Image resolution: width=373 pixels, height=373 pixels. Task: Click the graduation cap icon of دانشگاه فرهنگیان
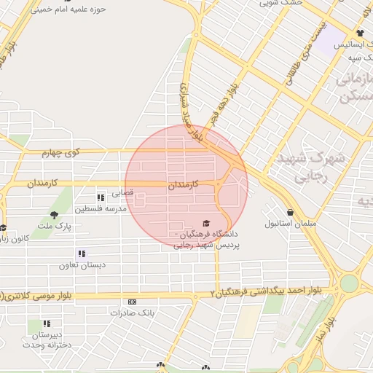[x=206, y=223]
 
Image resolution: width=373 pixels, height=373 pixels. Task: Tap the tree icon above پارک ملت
[x=55, y=214]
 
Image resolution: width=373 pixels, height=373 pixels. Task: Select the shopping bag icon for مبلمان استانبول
[x=291, y=212]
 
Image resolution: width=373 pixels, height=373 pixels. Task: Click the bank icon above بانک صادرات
[x=132, y=302]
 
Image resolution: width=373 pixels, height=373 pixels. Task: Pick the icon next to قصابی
[x=101, y=197]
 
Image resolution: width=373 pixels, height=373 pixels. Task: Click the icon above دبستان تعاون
[x=82, y=254]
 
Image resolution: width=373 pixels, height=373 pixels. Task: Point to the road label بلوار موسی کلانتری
[x=42, y=294]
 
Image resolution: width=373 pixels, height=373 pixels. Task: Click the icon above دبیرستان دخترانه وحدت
[x=47, y=323]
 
